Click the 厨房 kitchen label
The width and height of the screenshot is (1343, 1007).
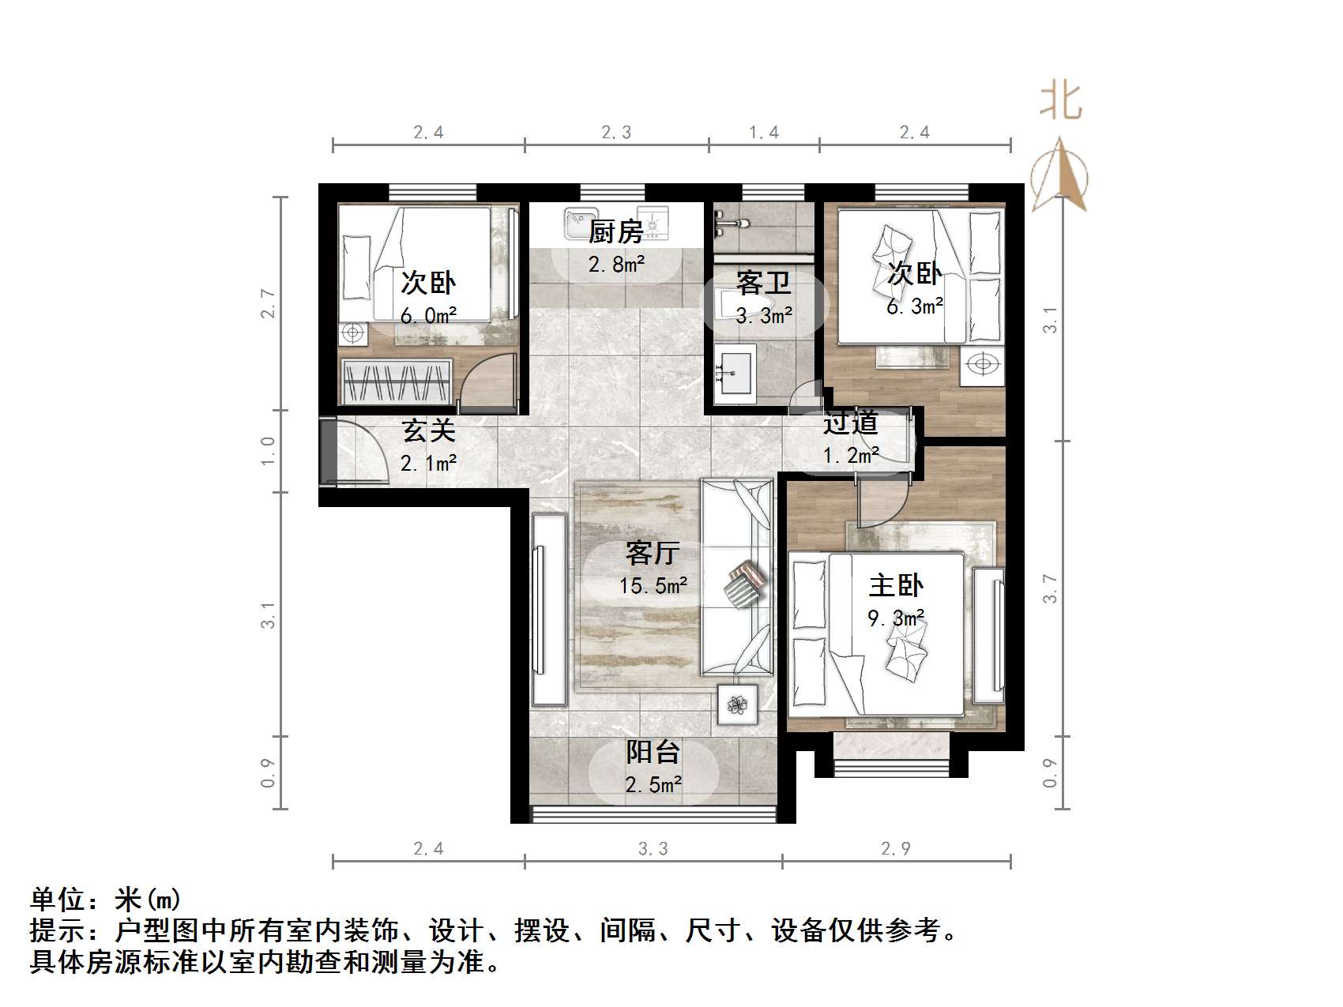pos(615,231)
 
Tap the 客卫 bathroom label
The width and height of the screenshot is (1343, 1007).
pos(763,282)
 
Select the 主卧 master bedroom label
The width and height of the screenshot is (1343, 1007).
pos(896,585)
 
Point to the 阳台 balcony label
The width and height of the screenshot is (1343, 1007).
pos(653,752)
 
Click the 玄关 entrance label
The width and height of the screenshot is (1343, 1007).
pos(428,430)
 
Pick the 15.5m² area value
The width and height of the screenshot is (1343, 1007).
pos(653,586)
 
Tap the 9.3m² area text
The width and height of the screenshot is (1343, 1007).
pos(896,618)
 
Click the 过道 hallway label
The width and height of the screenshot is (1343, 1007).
pos(850,423)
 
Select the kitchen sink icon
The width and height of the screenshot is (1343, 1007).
pos(581,223)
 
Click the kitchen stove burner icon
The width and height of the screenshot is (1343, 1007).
pos(653,224)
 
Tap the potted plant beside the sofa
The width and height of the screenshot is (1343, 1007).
pos(738,704)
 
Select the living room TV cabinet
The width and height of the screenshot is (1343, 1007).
pos(549,609)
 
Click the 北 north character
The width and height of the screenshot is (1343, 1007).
pos(1060,102)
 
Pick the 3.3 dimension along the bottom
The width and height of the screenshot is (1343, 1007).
pos(653,848)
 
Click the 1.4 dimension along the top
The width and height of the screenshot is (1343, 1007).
pos(763,132)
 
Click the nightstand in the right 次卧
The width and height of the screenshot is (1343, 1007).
pos(982,365)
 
